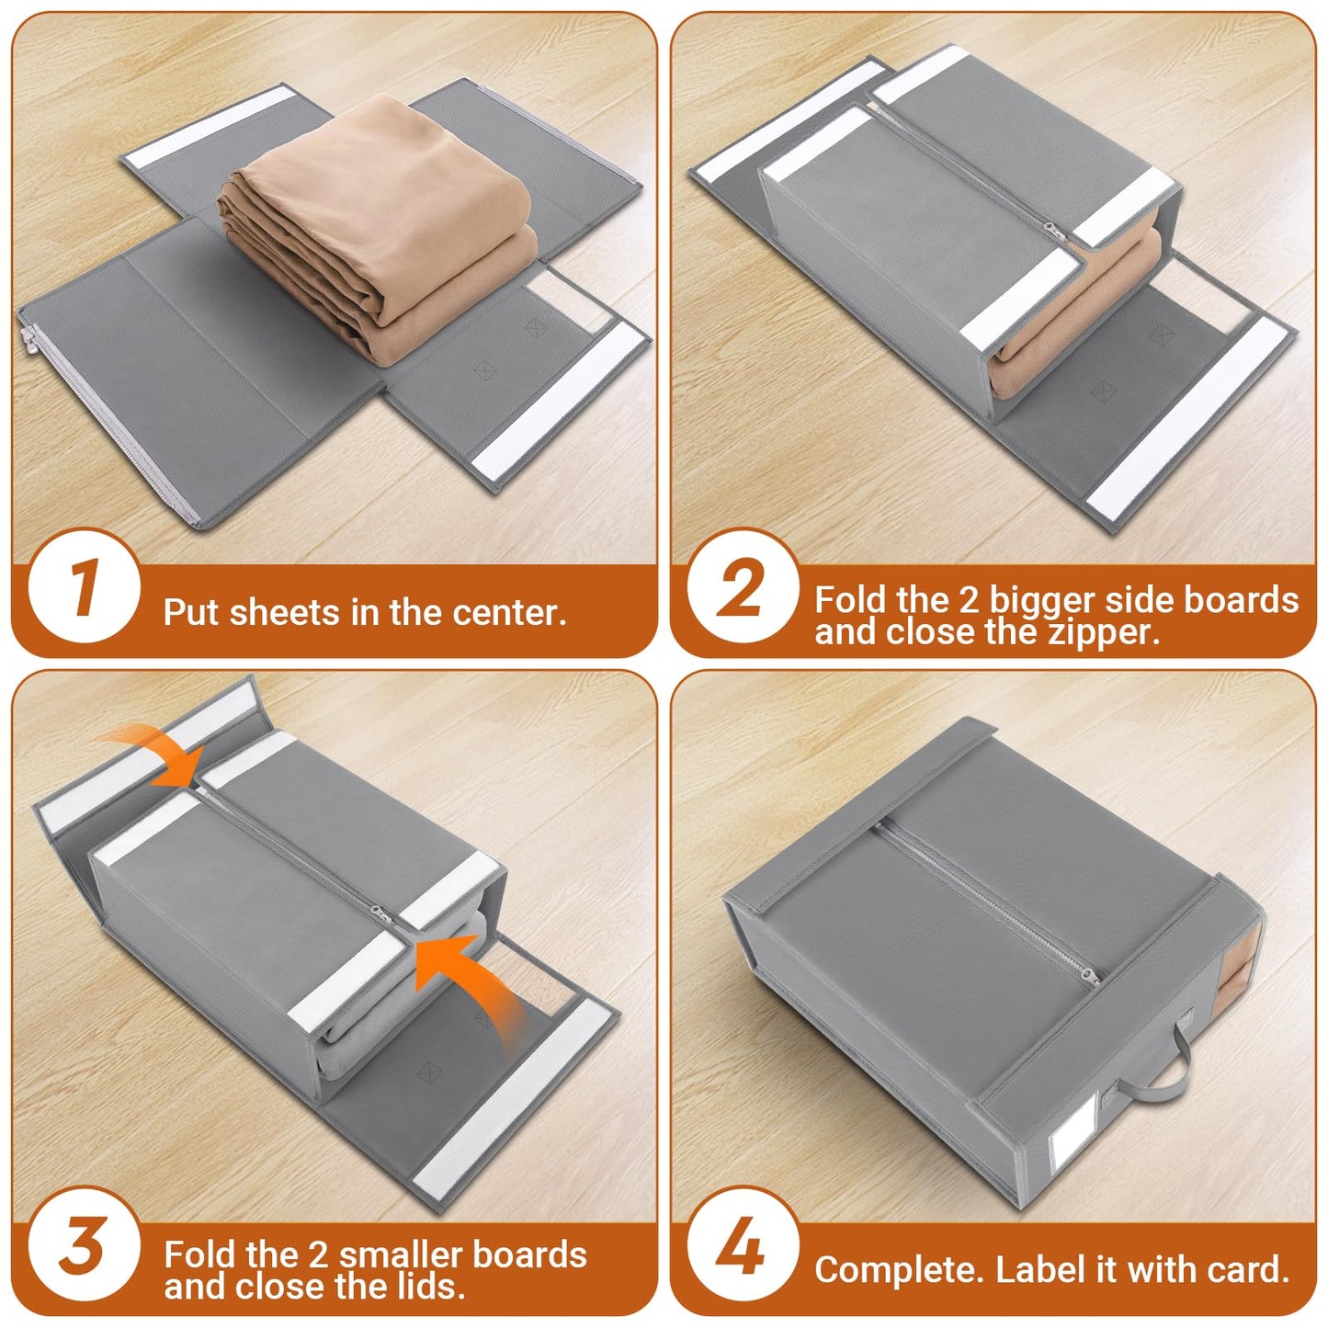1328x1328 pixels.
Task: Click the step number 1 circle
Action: pos(84,586)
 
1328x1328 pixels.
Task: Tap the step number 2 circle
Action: pos(741,586)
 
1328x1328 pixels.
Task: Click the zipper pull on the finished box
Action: pos(1090,976)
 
